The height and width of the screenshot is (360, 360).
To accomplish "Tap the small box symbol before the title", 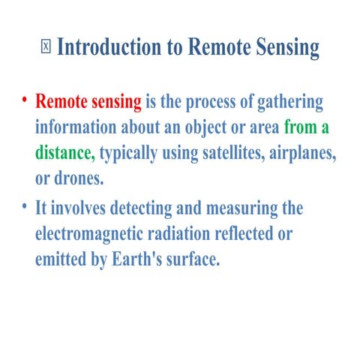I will point(46,47).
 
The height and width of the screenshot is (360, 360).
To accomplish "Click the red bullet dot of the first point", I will point(24,100).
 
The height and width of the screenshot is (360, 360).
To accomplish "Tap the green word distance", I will point(64,153).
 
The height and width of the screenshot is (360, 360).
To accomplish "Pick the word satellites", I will point(223,153).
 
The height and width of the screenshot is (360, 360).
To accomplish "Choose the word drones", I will point(79,179).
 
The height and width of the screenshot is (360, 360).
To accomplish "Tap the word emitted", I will point(64,259).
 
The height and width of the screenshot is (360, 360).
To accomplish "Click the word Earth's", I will point(143,259).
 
